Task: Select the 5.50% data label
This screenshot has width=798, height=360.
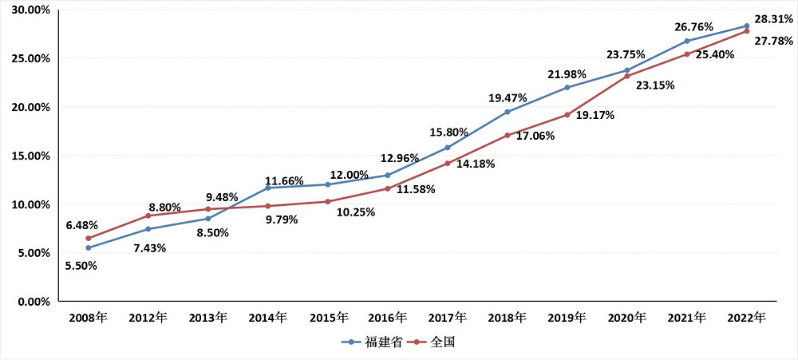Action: click(81, 265)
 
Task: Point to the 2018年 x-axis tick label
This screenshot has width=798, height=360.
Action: click(507, 318)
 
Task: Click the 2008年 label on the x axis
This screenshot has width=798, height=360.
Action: click(88, 318)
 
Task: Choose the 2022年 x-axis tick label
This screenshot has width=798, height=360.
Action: click(746, 318)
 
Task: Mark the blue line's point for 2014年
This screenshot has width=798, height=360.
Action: click(267, 188)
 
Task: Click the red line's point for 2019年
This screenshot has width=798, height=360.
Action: click(567, 115)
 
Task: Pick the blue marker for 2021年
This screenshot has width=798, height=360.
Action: click(686, 41)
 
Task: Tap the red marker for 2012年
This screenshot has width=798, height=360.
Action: click(148, 216)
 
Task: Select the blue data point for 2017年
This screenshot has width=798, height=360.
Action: click(447, 148)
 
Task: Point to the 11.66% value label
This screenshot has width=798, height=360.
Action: click(284, 180)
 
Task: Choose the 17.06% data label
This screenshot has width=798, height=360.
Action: click(535, 136)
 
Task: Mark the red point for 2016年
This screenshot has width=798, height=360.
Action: click(387, 188)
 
